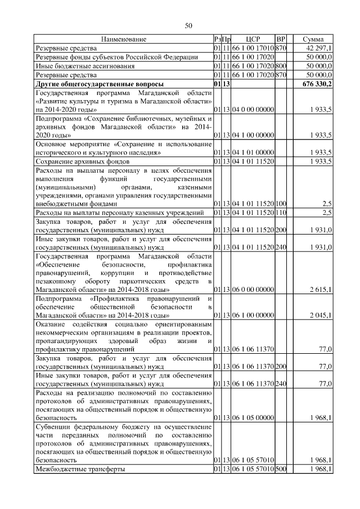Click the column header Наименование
[x=124, y=39]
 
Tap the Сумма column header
[x=313, y=39]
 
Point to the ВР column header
[x=282, y=39]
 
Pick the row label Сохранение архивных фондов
[x=79, y=161]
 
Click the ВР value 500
[x=281, y=469]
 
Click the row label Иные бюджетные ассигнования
[x=84, y=66]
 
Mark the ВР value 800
[x=281, y=66]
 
